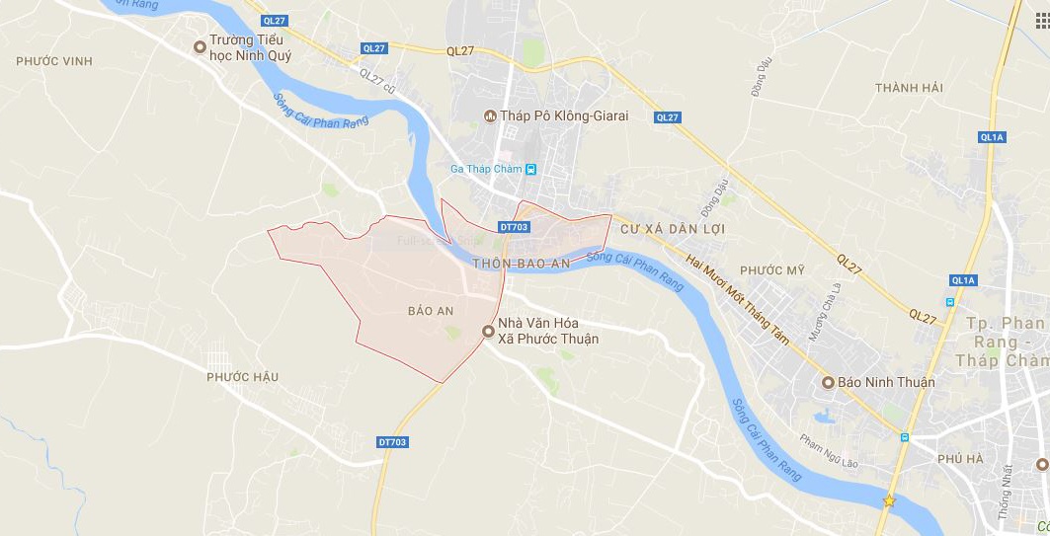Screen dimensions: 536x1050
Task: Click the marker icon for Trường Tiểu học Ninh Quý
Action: coord(200,45)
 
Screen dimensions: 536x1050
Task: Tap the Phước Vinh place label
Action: coord(54,61)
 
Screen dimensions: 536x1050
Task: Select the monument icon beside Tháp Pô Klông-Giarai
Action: coord(489,116)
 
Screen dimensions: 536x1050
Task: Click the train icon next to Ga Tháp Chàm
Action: coord(531,169)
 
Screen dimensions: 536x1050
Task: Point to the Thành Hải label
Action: coord(909,88)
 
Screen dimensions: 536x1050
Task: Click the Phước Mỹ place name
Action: coord(772,270)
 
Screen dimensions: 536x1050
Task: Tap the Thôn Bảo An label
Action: coord(522,264)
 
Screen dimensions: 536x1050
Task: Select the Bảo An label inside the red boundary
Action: coord(431,311)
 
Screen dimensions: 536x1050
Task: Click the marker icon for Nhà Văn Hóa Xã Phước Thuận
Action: coord(488,332)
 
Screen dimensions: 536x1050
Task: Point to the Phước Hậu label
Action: coord(243,376)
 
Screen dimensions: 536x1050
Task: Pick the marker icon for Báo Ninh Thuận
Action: coord(829,382)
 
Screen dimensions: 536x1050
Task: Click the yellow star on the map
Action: coord(889,500)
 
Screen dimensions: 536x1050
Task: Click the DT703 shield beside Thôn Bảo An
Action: coord(515,227)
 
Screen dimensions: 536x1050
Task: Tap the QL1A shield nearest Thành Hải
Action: coord(992,137)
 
